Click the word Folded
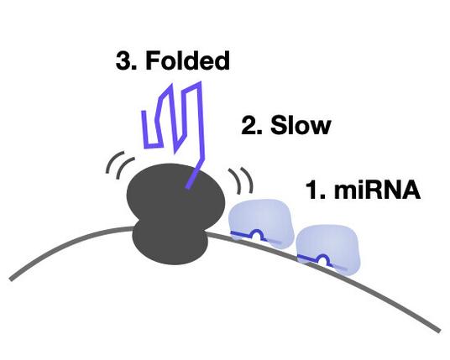(188, 60)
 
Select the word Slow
(301, 125)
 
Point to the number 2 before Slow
(249, 125)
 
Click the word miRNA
(378, 190)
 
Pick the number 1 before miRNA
(313, 190)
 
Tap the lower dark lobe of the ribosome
(170, 243)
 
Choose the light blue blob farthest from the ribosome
(328, 249)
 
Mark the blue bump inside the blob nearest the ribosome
(258, 234)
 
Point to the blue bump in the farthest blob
(323, 259)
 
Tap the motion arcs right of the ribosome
(242, 180)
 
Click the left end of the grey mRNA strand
(11, 279)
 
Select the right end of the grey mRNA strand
(439, 331)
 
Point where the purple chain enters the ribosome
(188, 187)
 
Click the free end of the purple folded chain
(144, 112)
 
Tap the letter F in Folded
(153, 60)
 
